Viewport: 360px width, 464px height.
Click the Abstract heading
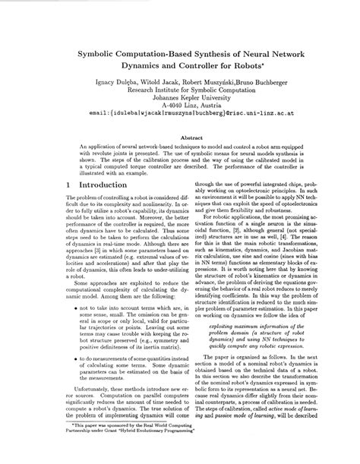[x=179, y=138]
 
